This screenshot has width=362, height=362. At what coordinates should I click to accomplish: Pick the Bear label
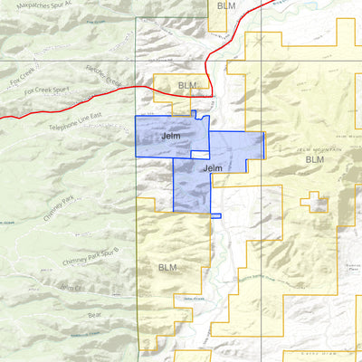pos(94,314)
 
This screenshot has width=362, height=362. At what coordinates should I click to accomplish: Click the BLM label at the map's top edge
pos(224,6)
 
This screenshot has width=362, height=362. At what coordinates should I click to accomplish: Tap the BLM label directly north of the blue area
pos(186,86)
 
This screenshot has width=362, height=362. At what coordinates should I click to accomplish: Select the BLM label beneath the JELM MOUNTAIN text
pos(314,160)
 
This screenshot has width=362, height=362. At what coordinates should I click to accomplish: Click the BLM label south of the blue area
pos(167,267)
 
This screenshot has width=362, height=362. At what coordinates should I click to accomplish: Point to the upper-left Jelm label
pos(169,138)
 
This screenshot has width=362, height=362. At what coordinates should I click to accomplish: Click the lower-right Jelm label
pos(214,168)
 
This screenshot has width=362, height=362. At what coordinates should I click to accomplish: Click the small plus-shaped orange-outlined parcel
pos(316,202)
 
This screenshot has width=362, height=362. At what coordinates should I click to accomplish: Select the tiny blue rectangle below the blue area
pos(215,215)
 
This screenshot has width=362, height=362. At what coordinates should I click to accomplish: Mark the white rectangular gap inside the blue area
pos(200,155)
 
